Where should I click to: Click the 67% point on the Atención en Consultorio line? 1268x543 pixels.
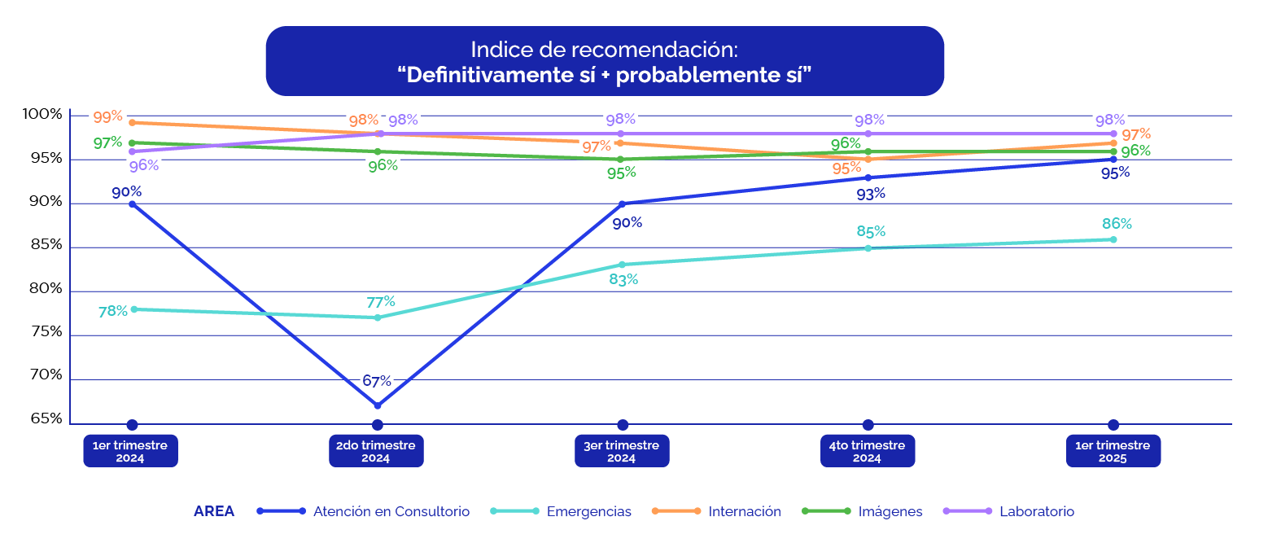(x=378, y=405)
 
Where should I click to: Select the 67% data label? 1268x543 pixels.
(x=377, y=381)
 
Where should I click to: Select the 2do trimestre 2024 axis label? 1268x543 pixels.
(x=376, y=451)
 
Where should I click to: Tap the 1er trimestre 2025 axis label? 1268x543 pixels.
(x=1113, y=451)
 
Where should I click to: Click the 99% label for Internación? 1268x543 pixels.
(x=107, y=116)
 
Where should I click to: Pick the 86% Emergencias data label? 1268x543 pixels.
(x=1117, y=224)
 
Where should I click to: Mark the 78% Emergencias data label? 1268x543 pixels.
(x=113, y=311)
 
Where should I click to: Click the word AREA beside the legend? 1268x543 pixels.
(x=214, y=512)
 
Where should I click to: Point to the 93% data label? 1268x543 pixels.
(x=870, y=194)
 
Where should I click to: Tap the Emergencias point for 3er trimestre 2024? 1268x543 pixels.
(x=623, y=265)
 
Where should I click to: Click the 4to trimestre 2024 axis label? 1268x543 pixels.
(x=867, y=451)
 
